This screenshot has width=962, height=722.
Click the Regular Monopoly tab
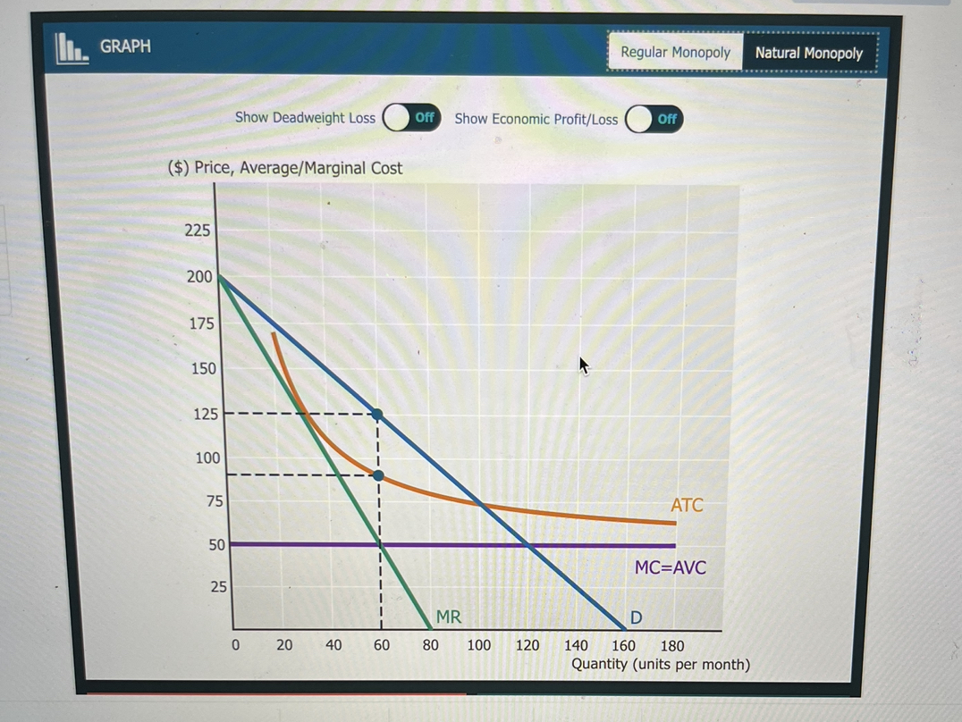pyautogui.click(x=675, y=53)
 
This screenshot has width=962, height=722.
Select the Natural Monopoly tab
pyautogui.click(x=808, y=53)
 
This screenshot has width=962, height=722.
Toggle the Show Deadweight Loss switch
pyautogui.click(x=411, y=118)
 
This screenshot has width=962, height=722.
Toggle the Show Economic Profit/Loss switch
pyautogui.click(x=654, y=119)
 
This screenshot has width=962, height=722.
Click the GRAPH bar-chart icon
pyautogui.click(x=72, y=48)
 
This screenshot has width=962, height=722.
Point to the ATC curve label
pyautogui.click(x=687, y=505)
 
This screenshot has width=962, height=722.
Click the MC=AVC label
pyautogui.click(x=670, y=567)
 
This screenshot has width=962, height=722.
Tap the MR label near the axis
pyautogui.click(x=448, y=616)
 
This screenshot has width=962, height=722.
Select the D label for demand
pyautogui.click(x=636, y=617)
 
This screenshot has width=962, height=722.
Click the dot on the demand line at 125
pyautogui.click(x=377, y=414)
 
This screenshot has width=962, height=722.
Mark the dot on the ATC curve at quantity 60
pyautogui.click(x=378, y=475)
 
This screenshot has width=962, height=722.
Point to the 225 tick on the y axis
pyautogui.click(x=198, y=231)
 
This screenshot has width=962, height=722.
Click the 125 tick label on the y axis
pyautogui.click(x=206, y=414)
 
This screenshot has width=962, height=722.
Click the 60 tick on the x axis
pyautogui.click(x=381, y=645)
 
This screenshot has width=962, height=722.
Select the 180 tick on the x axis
pyautogui.click(x=671, y=645)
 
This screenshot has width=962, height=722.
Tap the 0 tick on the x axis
pyautogui.click(x=236, y=645)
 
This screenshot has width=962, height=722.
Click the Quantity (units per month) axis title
pyautogui.click(x=660, y=665)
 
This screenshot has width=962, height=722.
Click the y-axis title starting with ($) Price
pyautogui.click(x=285, y=168)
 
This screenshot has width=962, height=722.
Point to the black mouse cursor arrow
pyautogui.click(x=585, y=365)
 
